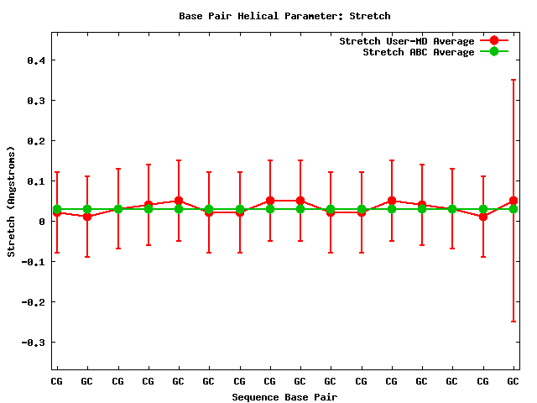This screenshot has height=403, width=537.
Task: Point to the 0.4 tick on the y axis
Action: click(38, 60)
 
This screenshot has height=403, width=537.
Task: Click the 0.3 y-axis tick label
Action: click(38, 101)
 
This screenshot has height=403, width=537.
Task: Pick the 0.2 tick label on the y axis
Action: click(38, 141)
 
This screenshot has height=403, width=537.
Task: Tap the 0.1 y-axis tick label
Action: click(38, 181)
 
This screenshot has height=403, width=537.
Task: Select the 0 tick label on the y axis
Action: click(43, 222)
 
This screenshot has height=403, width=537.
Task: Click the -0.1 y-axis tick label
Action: click(35, 262)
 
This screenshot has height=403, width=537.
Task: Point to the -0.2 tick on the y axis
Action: click(35, 302)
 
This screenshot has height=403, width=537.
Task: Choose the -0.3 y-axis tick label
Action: click(35, 343)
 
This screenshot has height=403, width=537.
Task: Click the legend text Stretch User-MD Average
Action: click(406, 41)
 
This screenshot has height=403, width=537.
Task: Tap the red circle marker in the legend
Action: click(494, 41)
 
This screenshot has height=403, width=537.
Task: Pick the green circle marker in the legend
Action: click(494, 52)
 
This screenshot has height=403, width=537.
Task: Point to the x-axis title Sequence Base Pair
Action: click(284, 397)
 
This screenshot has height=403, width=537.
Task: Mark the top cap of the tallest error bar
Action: click(514, 80)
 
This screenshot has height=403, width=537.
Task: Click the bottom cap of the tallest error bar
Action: click(514, 322)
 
